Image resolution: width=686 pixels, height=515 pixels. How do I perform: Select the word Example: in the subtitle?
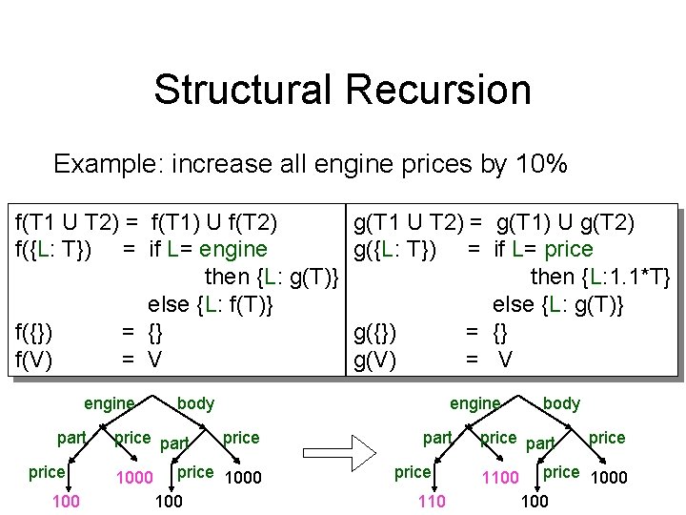click(x=107, y=164)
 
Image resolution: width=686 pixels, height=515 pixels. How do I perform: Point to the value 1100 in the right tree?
click(x=501, y=476)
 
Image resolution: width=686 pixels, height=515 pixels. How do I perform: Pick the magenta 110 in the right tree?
click(x=432, y=502)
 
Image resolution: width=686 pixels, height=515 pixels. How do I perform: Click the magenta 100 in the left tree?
click(x=66, y=502)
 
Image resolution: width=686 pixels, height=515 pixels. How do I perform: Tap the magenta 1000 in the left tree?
click(x=134, y=477)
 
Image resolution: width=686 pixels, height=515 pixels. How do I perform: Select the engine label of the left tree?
click(x=110, y=403)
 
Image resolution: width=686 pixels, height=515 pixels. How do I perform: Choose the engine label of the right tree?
click(x=475, y=403)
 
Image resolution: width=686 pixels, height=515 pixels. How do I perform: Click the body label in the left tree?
click(x=196, y=403)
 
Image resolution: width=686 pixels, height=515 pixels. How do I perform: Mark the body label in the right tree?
click(x=561, y=403)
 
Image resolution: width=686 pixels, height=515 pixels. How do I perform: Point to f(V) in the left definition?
click(x=34, y=360)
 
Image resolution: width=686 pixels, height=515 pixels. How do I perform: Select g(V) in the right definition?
click(x=375, y=360)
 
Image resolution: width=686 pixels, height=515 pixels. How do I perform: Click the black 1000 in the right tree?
click(x=609, y=478)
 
